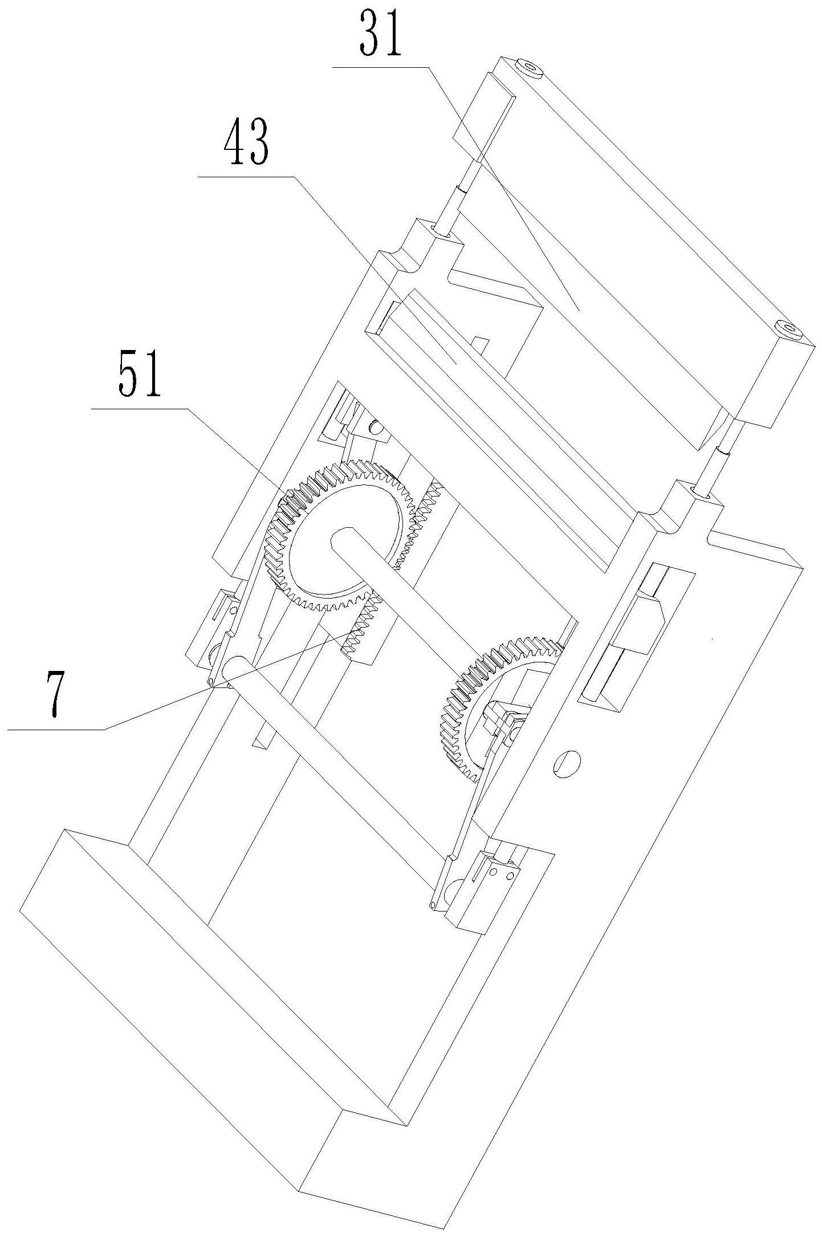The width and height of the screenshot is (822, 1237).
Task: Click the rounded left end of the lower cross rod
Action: point(235,666)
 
